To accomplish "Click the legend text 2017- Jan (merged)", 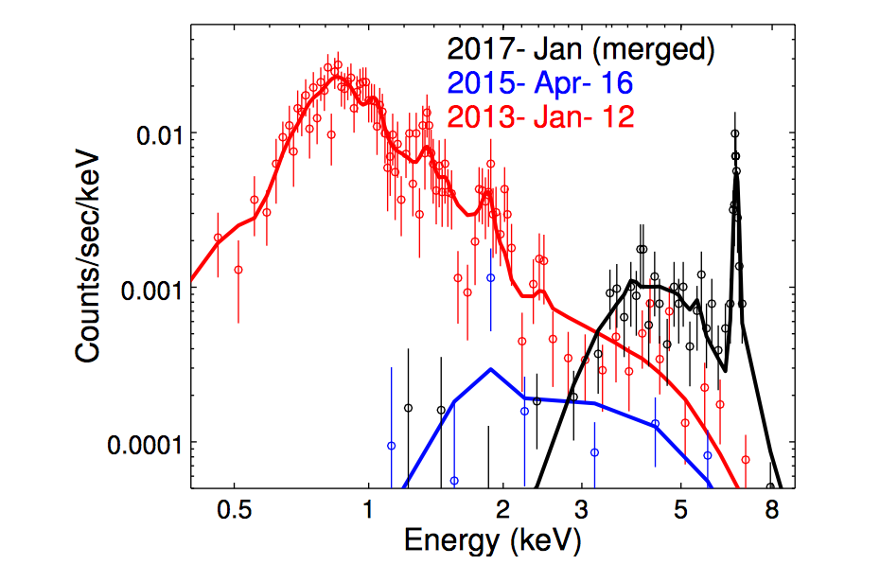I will pos(580,49).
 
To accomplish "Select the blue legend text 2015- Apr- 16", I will pos(540,83).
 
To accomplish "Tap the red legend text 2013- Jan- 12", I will pos(540,116).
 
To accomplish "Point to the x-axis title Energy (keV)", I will pos(491,540).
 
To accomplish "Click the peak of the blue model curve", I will pos(490,369).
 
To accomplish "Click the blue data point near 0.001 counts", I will pos(490,277).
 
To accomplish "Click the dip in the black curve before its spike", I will pos(724,369).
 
